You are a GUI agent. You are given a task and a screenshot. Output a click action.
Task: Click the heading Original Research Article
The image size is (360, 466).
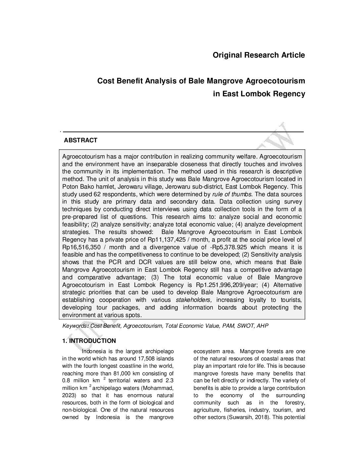coord(259,55)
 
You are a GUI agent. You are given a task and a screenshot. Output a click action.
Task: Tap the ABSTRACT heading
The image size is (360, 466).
coord(80,140)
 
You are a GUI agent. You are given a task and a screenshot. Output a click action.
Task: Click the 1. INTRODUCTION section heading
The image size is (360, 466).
coord(89,341)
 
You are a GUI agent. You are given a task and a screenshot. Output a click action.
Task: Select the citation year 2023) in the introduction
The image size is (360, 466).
coord(69,396)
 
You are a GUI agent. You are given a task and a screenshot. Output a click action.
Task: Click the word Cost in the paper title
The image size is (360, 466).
coord(105,81)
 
